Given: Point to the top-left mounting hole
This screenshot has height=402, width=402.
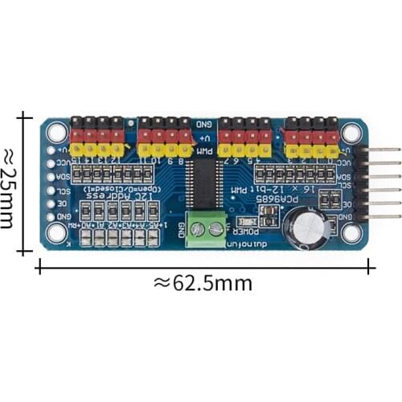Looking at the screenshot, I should [56, 132].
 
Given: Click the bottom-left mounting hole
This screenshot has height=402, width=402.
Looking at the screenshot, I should [56, 232].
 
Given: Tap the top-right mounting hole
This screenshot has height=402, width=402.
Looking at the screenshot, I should [351, 132].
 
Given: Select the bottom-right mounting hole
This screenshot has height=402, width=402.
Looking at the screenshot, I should [351, 232].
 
